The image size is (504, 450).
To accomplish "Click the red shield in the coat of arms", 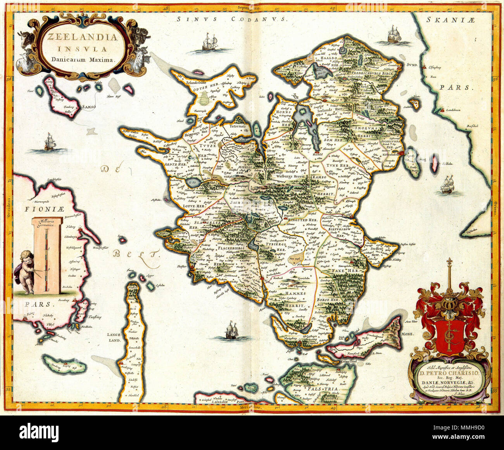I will [450, 335].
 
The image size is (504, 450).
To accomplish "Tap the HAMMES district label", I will [295, 294].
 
